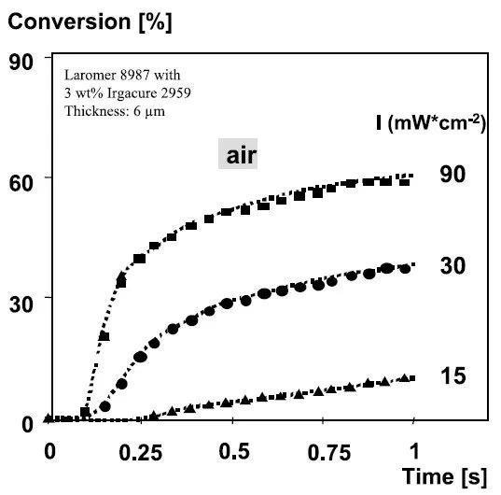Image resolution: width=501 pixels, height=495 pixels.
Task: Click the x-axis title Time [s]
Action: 444,476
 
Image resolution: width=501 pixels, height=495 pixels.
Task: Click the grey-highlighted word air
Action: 237,156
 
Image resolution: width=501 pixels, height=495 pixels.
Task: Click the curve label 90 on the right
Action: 452,174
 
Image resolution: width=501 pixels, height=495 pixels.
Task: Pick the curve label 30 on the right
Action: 452,266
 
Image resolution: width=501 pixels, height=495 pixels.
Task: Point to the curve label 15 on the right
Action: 452,376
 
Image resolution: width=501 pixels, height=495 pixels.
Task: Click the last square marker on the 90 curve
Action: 405,179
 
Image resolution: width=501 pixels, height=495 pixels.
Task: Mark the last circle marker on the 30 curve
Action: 405,269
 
